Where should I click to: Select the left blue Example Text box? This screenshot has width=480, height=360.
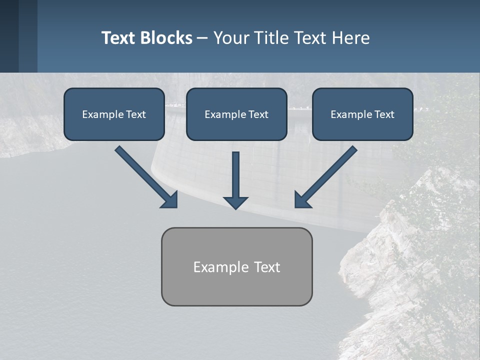pyautogui.click(x=114, y=114)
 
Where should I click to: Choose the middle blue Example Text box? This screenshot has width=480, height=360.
pyautogui.click(x=236, y=114)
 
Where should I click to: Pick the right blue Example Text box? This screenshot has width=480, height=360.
pyautogui.click(x=362, y=114)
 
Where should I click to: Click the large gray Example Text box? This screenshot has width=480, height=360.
pyautogui.click(x=236, y=266)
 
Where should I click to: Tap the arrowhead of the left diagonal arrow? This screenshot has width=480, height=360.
pyautogui.click(x=170, y=200)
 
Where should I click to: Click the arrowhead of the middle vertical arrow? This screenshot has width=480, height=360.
pyautogui.click(x=235, y=202)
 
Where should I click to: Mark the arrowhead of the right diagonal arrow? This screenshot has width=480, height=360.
pyautogui.click(x=302, y=200)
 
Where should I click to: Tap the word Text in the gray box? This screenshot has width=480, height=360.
pyautogui.click(x=267, y=267)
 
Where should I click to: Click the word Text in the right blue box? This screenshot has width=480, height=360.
pyautogui.click(x=384, y=114)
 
